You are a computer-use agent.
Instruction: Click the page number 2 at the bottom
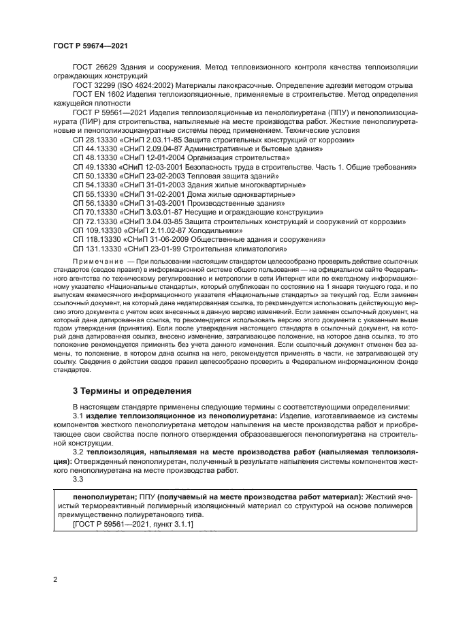coord(55,579)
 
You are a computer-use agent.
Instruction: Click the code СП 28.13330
coord(95,139)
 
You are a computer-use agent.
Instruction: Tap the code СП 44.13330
coord(95,148)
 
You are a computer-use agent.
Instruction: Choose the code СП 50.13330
coord(95,175)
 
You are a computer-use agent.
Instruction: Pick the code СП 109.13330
coord(97,230)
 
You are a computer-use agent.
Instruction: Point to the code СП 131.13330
coord(97,249)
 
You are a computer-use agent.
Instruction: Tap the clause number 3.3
coord(78,479)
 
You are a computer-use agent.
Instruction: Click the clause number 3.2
coord(78,451)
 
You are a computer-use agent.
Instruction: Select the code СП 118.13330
coord(97,240)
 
